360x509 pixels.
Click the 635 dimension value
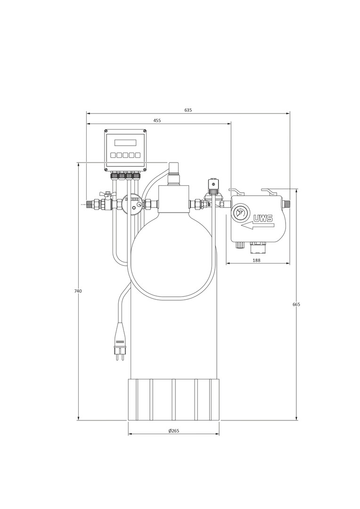click(x=188, y=110)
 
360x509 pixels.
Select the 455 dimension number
click(x=157, y=121)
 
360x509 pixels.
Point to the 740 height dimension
click(x=78, y=291)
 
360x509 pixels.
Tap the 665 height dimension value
click(x=296, y=304)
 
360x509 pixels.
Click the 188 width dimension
click(x=256, y=260)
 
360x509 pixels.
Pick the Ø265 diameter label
click(x=174, y=431)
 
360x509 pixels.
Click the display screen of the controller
click(x=125, y=143)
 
